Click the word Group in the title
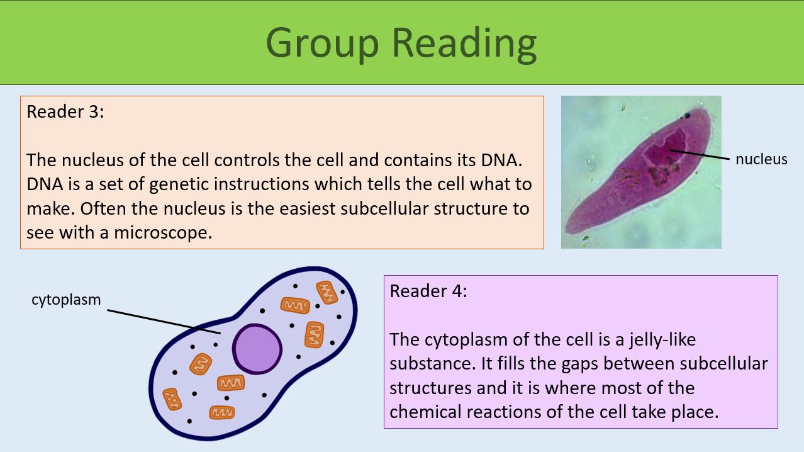(x=322, y=43)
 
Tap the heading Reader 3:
(x=65, y=112)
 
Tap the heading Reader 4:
(x=428, y=291)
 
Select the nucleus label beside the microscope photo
(x=761, y=159)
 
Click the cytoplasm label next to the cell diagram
(x=66, y=300)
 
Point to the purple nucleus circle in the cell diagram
(x=257, y=349)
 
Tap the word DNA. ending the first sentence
(x=501, y=160)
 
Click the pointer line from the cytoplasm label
(x=164, y=321)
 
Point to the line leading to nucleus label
(x=698, y=155)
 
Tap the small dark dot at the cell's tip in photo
(x=687, y=116)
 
